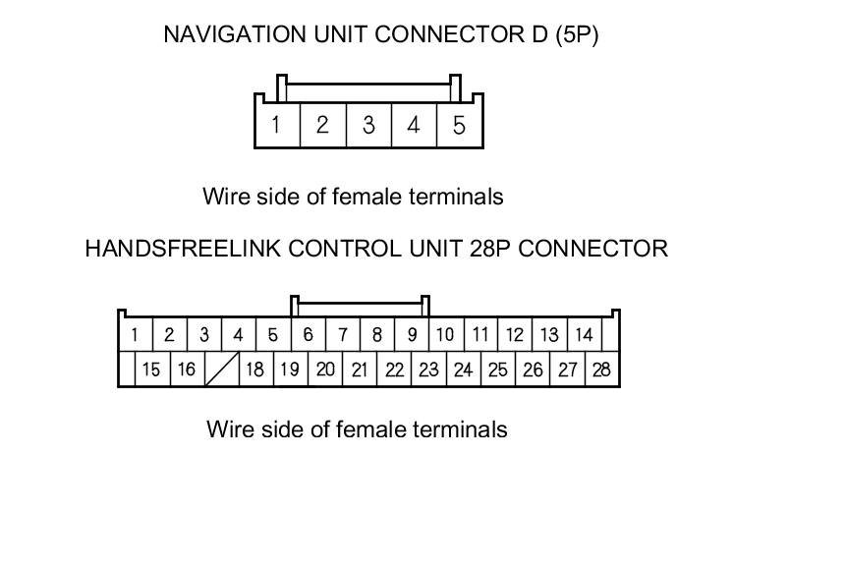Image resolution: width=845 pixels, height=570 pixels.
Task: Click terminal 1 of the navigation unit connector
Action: pyautogui.click(x=276, y=126)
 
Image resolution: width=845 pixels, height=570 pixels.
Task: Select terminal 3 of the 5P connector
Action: pyautogui.click(x=367, y=126)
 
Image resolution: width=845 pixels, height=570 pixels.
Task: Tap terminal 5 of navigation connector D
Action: pyautogui.click(x=459, y=126)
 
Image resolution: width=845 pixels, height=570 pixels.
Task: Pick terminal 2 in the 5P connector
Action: pyautogui.click(x=321, y=126)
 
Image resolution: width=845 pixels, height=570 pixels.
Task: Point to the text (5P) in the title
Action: pyautogui.click(x=577, y=35)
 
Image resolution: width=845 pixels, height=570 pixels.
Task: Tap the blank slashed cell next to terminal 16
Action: pyautogui.click(x=222, y=370)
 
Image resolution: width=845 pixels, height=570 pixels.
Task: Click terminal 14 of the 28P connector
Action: pyautogui.click(x=584, y=335)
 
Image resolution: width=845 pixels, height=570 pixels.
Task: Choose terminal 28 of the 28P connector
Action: pyautogui.click(x=601, y=370)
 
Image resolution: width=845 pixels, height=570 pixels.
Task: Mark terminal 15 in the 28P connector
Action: pyautogui.click(x=151, y=370)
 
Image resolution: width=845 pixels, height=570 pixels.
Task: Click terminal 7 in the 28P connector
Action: pyautogui.click(x=343, y=335)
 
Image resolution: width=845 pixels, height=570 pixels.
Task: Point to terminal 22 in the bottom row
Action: pyautogui.click(x=394, y=370)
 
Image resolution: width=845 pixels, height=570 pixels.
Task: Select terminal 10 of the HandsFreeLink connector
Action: pyautogui.click(x=445, y=335)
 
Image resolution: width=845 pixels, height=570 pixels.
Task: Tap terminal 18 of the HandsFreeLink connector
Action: pyautogui.click(x=254, y=370)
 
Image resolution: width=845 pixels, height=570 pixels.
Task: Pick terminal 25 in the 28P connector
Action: pyautogui.click(x=498, y=370)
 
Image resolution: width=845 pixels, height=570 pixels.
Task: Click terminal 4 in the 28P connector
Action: pyautogui.click(x=238, y=335)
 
